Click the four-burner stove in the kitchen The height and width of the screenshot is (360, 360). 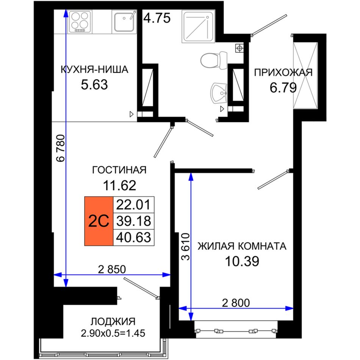coord(80,22)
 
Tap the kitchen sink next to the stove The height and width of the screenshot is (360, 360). coord(124,22)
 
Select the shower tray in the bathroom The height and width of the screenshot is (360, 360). coord(198,26)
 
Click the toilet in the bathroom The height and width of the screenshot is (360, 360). coord(214,60)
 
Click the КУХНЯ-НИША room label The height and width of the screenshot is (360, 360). coord(94,70)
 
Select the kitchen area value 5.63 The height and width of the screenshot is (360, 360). coord(94,85)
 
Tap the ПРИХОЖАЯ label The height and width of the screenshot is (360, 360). coord(283,72)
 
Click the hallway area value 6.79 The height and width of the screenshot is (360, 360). coord(283,88)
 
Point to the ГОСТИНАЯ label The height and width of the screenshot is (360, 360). coord(119,170)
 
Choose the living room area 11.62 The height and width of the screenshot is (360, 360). coord(119,185)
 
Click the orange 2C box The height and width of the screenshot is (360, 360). coord(99,221)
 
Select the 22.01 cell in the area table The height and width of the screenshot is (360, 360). coord(134,205)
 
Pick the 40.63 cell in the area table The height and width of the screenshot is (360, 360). coord(134,237)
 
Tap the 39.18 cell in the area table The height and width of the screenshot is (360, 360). coord(134,221)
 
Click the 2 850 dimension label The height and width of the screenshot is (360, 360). coord(112,269)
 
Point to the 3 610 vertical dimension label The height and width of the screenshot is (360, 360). coord(186,247)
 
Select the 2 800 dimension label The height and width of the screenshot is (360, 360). coord(236,303)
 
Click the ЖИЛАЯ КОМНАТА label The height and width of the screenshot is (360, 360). coord(242,246)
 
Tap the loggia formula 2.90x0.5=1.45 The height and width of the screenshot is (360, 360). coord(113,333)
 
